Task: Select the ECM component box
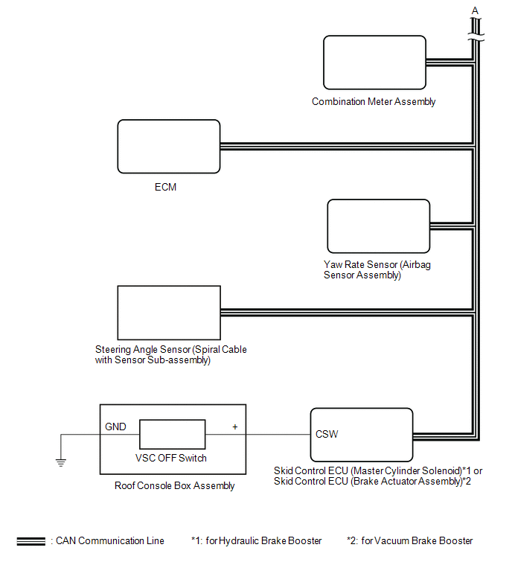tap(169, 146)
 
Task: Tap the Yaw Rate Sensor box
tap(378, 226)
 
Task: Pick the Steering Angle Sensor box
tap(169, 312)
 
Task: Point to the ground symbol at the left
tap(60, 462)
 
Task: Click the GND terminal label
tap(115, 427)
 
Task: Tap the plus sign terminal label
tap(234, 427)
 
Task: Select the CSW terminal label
tap(327, 434)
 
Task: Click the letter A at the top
tap(475, 10)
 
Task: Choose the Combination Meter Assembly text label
tap(374, 102)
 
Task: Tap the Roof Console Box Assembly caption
tap(175, 486)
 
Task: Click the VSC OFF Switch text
tap(172, 458)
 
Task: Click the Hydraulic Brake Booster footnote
tap(256, 541)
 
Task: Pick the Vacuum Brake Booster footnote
tap(409, 541)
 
